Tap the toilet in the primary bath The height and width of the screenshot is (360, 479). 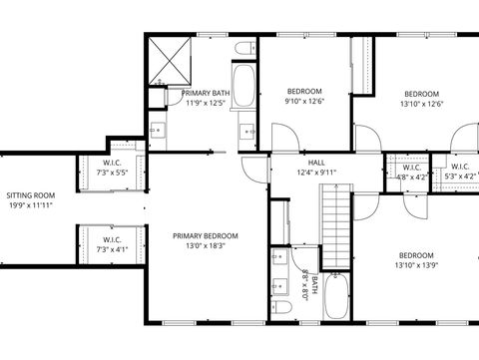243,50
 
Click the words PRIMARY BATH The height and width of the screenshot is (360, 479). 206,93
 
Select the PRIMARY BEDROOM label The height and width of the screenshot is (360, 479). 206,235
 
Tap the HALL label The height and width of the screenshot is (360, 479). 316,162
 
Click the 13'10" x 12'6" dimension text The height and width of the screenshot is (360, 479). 420,102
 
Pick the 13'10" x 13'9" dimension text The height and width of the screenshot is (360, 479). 416,264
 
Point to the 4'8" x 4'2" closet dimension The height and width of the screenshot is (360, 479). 411,177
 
